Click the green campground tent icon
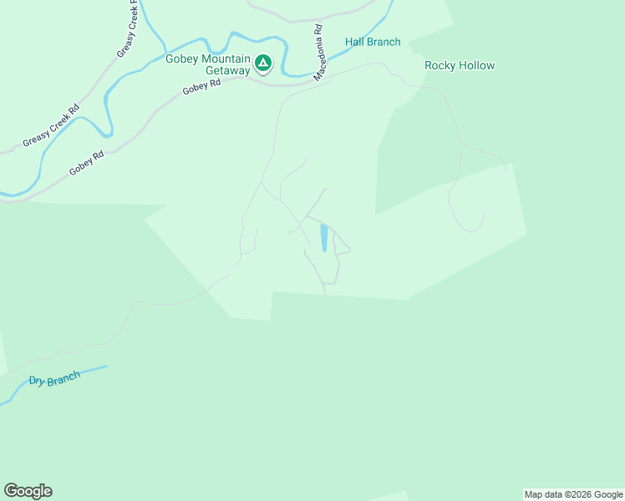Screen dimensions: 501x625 [263, 63]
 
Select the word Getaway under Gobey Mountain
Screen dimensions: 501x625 [228, 71]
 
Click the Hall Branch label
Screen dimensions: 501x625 [373, 42]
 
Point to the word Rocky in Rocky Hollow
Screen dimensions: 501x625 [440, 65]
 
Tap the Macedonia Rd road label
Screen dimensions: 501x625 [318, 52]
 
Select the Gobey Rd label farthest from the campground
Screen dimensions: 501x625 [87, 162]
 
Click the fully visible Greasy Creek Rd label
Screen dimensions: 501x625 [51, 124]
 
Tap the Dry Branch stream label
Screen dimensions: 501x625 [54, 379]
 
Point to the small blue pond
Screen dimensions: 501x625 [323, 238]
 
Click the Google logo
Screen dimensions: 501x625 [28, 490]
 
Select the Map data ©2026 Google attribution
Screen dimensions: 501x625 [574, 494]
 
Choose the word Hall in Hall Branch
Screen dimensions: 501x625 [355, 42]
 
